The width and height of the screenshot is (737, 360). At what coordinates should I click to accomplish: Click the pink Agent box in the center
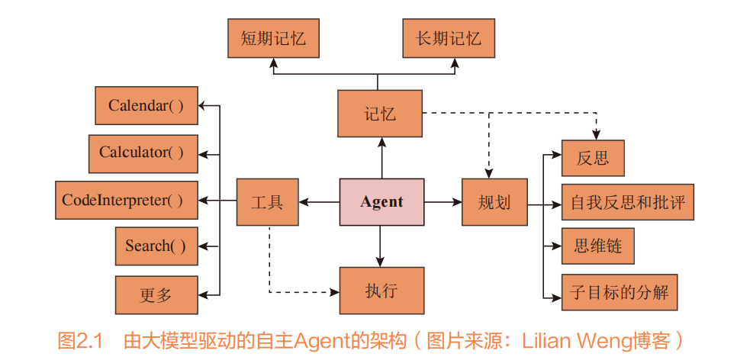click(381, 202)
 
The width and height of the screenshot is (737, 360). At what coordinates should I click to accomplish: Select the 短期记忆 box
click(273, 39)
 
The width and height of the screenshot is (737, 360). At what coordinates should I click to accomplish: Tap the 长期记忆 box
click(449, 39)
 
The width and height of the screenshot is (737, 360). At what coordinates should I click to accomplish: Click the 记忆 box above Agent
click(380, 114)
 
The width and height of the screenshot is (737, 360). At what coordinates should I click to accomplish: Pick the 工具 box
click(267, 202)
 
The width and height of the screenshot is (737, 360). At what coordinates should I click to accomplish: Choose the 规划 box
click(494, 202)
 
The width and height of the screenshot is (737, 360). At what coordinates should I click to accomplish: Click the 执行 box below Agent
click(381, 291)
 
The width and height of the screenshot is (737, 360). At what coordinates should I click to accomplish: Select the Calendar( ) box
click(146, 105)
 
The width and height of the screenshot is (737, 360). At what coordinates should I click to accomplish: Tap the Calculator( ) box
click(143, 153)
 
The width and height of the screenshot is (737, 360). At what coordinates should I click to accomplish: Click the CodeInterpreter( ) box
click(126, 201)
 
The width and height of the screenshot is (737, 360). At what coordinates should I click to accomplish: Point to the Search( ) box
click(156, 246)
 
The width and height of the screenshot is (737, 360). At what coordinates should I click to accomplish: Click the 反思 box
click(593, 159)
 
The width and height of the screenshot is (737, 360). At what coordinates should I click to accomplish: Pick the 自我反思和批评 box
click(627, 203)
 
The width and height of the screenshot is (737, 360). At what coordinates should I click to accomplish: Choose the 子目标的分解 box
click(619, 292)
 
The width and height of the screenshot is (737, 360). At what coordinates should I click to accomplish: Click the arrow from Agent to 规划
click(443, 202)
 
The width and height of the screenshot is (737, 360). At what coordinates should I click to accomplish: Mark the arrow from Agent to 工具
click(319, 202)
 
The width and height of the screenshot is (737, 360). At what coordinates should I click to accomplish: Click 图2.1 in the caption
click(80, 340)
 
